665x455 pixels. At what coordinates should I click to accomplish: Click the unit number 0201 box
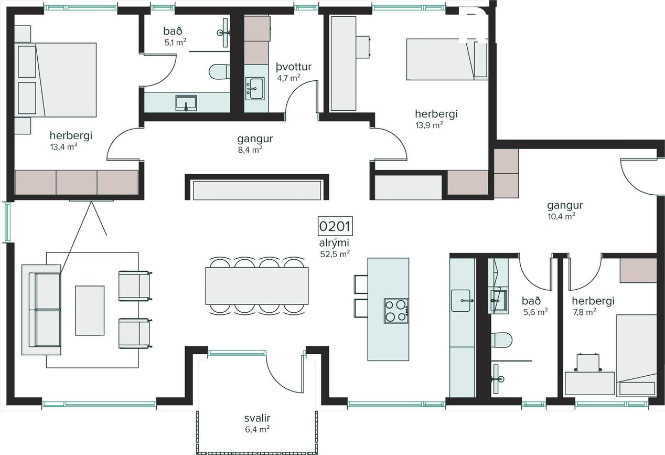tap(336, 226)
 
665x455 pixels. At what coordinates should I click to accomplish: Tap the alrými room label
tap(334, 243)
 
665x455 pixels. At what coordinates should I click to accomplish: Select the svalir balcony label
tap(257, 418)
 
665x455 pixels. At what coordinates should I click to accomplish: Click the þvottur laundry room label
tap(294, 67)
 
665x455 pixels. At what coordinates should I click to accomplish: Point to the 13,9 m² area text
tap(430, 125)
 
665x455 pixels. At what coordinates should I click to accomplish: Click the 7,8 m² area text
tap(585, 312)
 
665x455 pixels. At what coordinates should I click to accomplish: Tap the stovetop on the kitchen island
tap(396, 311)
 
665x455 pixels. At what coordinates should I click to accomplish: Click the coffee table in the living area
tap(90, 311)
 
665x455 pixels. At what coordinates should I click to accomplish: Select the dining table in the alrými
tap(257, 285)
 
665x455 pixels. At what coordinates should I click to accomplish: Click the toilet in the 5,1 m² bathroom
tap(220, 71)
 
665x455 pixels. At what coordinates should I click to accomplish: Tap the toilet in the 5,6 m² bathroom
tap(501, 340)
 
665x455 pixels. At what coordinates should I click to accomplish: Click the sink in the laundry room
tap(255, 89)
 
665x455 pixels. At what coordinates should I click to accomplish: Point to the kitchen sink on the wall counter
tap(461, 301)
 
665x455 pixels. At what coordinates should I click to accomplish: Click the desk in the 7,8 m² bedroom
tap(589, 383)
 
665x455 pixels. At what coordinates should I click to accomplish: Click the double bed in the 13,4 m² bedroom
tap(56, 80)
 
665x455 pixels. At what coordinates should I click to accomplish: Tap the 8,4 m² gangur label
tap(255, 144)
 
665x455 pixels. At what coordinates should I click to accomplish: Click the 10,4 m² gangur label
tap(565, 210)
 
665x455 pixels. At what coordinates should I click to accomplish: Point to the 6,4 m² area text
tap(257, 429)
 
